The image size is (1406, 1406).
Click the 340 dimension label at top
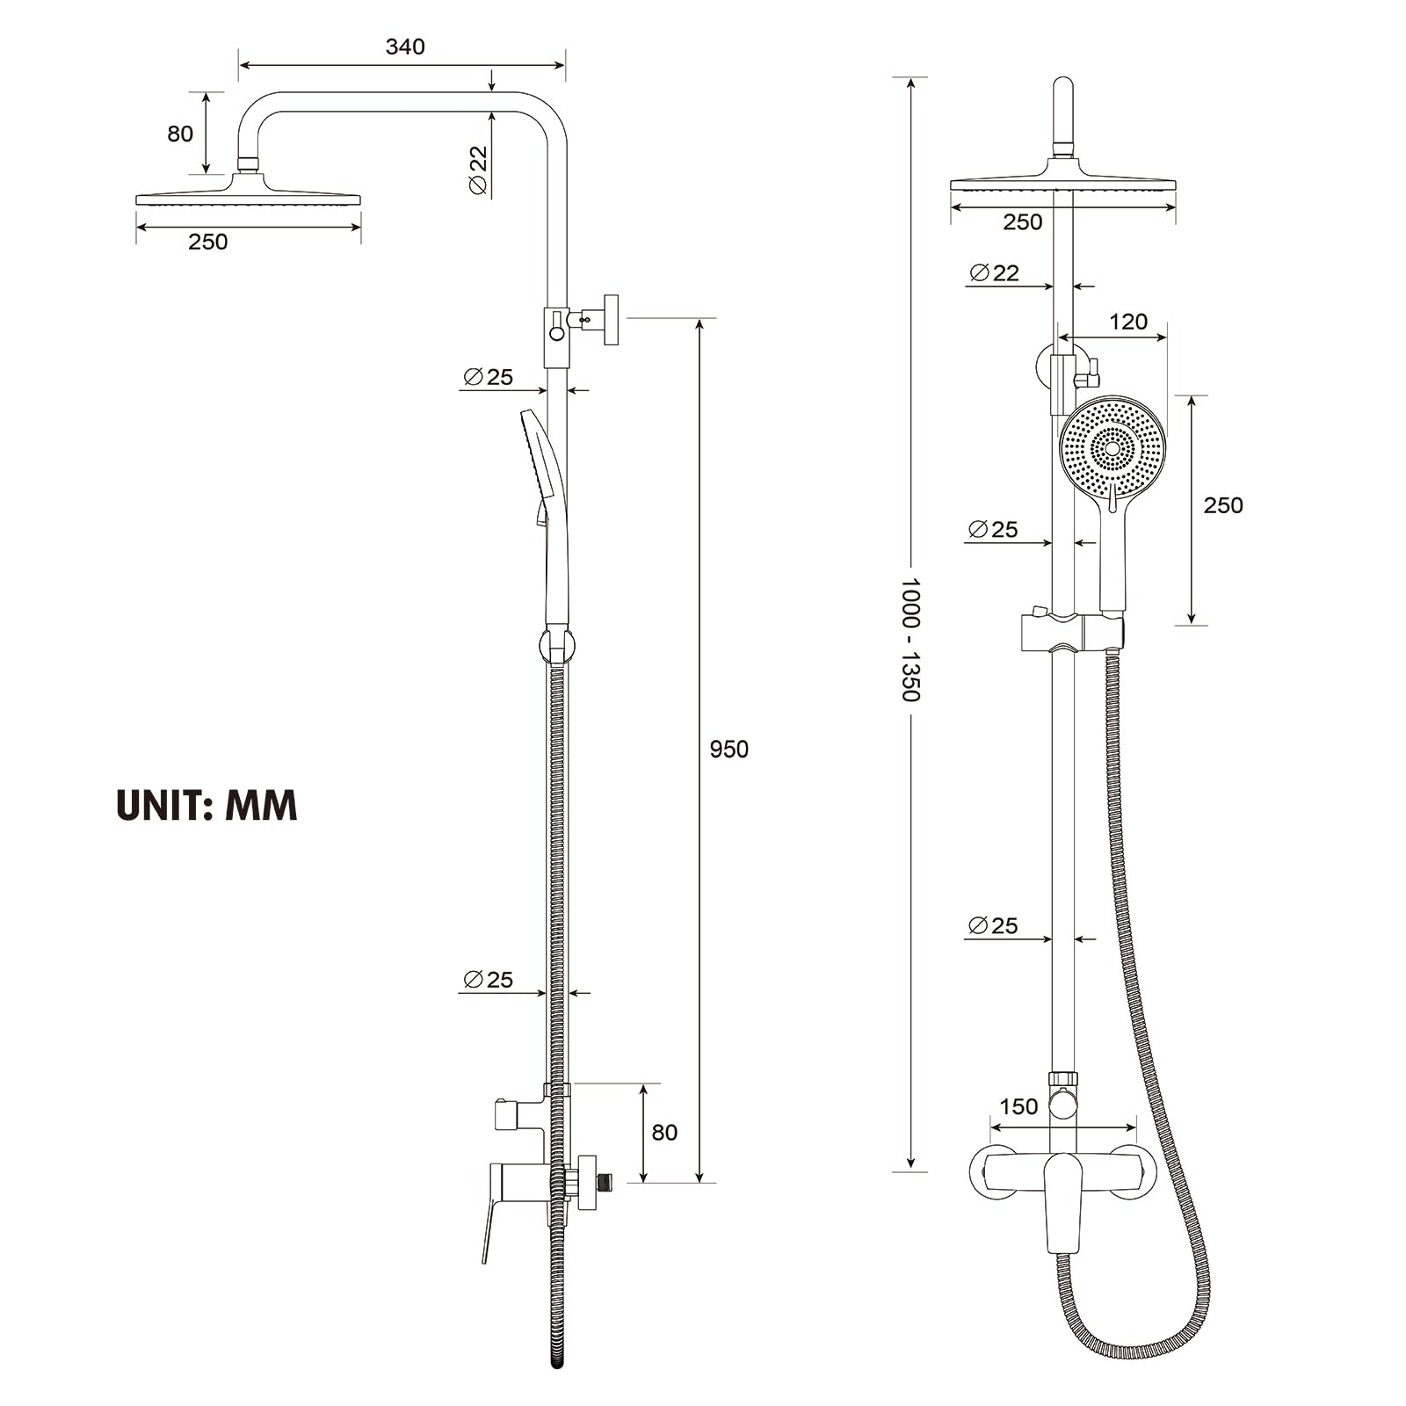(x=405, y=47)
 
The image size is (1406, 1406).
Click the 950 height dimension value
(x=728, y=749)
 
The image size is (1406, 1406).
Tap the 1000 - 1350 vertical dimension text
(x=910, y=639)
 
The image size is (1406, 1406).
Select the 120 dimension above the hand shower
(x=1127, y=322)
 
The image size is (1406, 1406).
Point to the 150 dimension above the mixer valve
(x=1018, y=1106)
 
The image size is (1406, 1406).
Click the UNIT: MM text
(x=207, y=805)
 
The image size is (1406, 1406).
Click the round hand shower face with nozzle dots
(x=1112, y=448)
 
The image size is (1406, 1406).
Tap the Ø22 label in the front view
(x=995, y=272)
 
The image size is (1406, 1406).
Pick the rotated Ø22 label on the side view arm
(x=478, y=170)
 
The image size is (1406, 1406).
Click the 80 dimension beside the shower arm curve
(x=180, y=134)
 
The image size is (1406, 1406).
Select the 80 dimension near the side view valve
(x=664, y=1132)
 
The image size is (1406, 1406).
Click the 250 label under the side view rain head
(x=207, y=242)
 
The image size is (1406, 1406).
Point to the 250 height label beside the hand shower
(x=1222, y=505)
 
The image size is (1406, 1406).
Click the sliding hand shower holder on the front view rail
(x=1071, y=633)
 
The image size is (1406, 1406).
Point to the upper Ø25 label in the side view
(x=488, y=377)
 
